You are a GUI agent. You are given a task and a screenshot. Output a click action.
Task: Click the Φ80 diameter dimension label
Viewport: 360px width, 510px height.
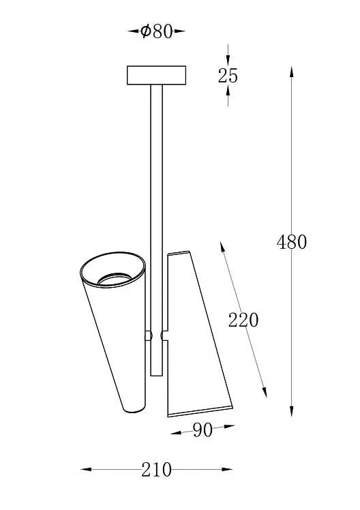pos(156,31)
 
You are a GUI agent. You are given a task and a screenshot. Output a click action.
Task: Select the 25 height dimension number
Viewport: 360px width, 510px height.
pos(228,76)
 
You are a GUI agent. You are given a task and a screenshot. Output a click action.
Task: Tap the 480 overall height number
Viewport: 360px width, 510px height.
pos(292,242)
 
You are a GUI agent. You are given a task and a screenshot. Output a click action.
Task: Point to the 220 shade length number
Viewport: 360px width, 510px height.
pos(243,320)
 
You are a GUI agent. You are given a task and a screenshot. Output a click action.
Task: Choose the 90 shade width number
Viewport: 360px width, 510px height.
pos(202,430)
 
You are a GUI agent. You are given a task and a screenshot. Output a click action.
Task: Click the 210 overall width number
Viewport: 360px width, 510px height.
pos(156,470)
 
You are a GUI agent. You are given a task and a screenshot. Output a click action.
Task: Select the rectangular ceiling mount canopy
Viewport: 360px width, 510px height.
pos(156,75)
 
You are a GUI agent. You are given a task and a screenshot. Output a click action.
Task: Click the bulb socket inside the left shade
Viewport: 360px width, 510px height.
pos(113,279)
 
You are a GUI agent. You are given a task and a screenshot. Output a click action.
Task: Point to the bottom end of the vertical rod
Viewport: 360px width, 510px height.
pos(156,376)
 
